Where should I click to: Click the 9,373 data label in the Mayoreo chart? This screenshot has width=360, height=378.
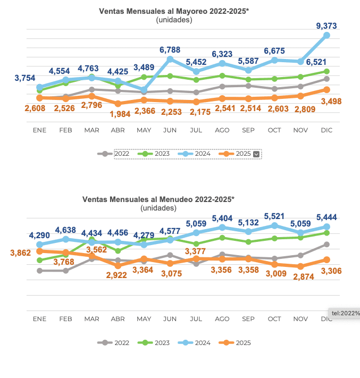click(x=326, y=26)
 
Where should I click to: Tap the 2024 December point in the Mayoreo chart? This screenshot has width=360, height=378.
click(x=326, y=35)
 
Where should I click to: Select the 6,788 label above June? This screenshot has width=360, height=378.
click(x=170, y=49)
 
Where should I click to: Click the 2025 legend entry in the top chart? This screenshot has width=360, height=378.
click(x=243, y=154)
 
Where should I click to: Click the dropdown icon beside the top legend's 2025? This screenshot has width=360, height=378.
click(x=256, y=154)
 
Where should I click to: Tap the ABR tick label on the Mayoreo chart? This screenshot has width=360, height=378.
click(x=118, y=130)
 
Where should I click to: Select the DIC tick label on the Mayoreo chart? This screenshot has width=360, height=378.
click(x=326, y=130)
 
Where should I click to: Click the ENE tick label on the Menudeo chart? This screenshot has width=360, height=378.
click(x=39, y=318)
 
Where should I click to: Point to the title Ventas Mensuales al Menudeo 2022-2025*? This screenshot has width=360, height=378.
click(x=158, y=199)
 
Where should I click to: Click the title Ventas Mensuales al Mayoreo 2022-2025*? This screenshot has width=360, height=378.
click(x=174, y=11)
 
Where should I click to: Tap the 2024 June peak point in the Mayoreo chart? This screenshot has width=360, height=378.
click(x=170, y=59)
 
